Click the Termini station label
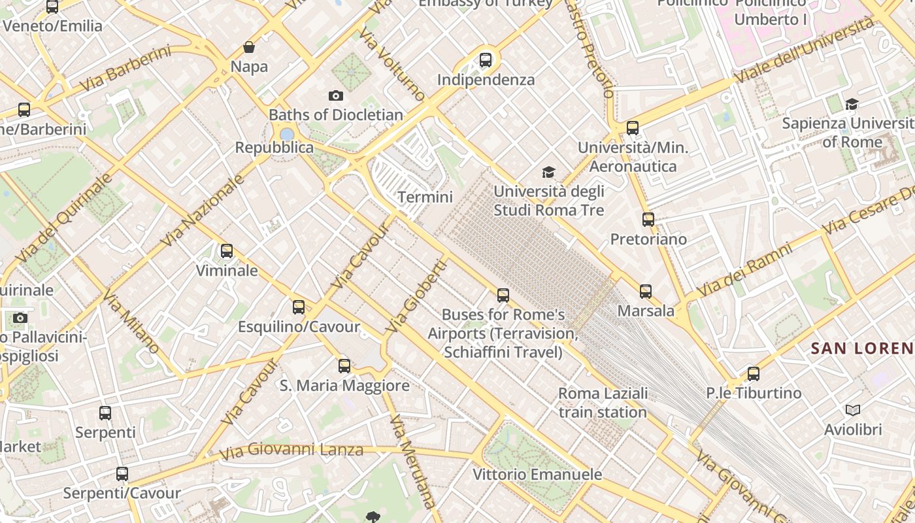click(425, 197)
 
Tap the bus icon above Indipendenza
click(486, 60)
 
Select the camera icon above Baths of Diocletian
click(336, 96)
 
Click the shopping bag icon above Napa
click(249, 47)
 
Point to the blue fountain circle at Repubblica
click(287, 134)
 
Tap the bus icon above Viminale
click(227, 251)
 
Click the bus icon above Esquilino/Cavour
click(299, 307)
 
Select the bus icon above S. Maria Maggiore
click(344, 366)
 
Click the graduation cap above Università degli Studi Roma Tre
click(548, 173)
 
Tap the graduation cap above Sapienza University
click(852, 105)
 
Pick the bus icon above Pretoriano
click(648, 220)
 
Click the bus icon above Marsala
click(646, 292)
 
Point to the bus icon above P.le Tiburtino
click(754, 374)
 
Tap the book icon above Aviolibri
click(853, 411)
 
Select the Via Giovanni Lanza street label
click(291, 451)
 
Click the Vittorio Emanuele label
click(537, 474)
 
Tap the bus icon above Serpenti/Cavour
click(122, 474)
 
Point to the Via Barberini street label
click(125, 69)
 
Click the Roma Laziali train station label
click(603, 403)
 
